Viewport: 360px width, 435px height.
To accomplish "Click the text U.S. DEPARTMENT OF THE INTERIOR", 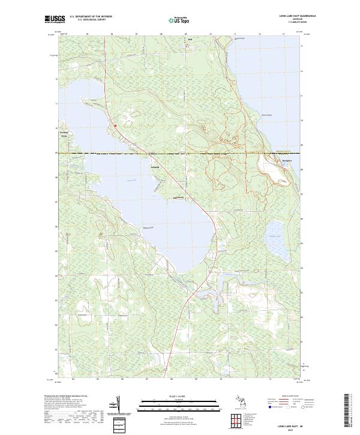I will pos(91,16).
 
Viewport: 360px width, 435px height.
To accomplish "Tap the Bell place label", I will pos(190,41).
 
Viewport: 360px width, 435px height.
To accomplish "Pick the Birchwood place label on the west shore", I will pos(64,133).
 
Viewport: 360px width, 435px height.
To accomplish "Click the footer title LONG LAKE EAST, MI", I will pos(292,425).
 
